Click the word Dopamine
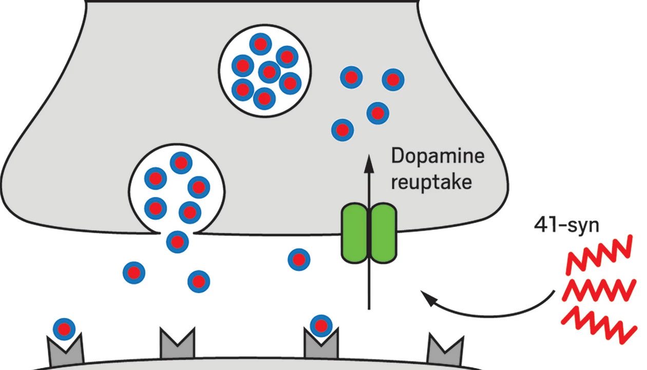tap(437, 156)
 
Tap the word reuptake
tap(431, 181)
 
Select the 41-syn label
tap(566, 225)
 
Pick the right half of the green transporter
tap(384, 233)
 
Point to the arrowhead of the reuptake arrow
tap(369, 163)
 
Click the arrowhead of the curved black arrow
tap(427, 295)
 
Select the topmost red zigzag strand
tap(598, 255)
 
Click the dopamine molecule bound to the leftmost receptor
tap(64, 328)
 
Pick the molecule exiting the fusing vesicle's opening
tap(178, 241)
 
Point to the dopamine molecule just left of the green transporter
tap(299, 260)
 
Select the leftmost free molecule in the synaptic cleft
tap(134, 272)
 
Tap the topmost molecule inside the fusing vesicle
tap(181, 163)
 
